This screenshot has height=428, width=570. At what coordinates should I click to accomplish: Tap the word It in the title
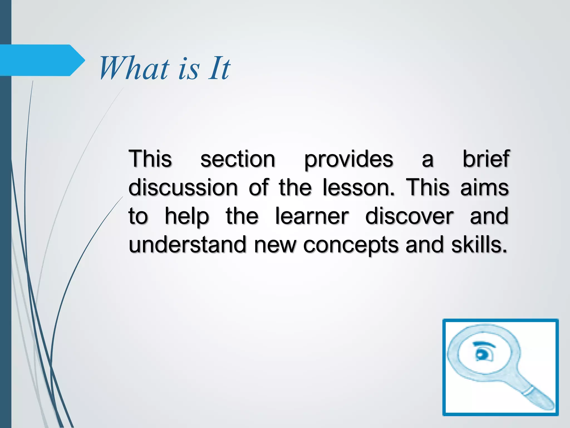(219, 68)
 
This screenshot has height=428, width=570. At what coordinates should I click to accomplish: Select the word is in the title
(189, 69)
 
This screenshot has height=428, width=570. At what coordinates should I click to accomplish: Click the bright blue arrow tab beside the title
(42, 60)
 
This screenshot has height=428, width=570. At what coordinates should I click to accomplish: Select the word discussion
(183, 187)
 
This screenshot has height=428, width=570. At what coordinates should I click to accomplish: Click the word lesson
(358, 187)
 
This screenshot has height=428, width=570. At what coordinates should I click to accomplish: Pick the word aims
(484, 187)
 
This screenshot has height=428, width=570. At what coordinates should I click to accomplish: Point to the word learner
(312, 216)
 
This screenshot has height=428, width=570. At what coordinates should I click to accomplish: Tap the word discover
(409, 216)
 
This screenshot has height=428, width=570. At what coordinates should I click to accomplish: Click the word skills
(479, 245)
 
